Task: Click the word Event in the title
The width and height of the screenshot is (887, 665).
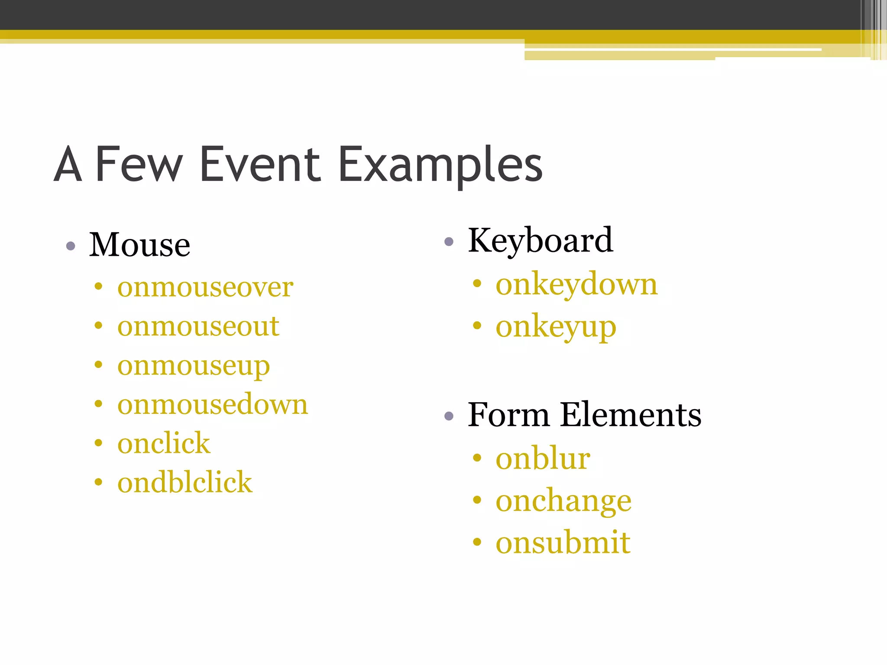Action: pos(260,165)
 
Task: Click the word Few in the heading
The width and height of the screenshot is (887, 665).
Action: pos(139,165)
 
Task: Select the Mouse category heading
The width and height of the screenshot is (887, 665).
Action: pos(139,245)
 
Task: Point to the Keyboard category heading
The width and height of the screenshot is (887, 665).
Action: pos(540,241)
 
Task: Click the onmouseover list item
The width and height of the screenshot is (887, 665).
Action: pos(205,287)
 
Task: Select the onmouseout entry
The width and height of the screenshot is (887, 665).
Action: pos(198,326)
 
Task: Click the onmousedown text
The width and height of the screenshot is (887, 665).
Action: pos(212,405)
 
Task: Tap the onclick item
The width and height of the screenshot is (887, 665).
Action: pos(164,444)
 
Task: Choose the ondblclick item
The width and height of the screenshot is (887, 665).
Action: pos(185,483)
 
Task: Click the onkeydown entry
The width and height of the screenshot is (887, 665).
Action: pos(576,285)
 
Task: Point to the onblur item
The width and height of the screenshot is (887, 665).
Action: pos(543,458)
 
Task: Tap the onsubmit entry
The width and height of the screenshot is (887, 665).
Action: pos(563,542)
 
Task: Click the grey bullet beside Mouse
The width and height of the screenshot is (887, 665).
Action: pos(71,246)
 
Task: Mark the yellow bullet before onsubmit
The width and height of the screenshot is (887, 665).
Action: pos(477,542)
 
